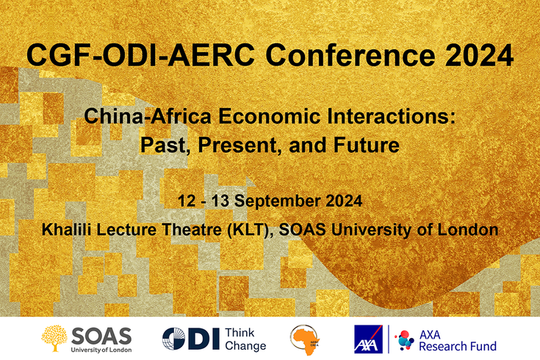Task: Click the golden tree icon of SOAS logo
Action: click(56, 338)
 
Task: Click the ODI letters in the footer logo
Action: click(190, 339)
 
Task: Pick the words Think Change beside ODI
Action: click(245, 339)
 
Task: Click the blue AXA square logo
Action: click(369, 339)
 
